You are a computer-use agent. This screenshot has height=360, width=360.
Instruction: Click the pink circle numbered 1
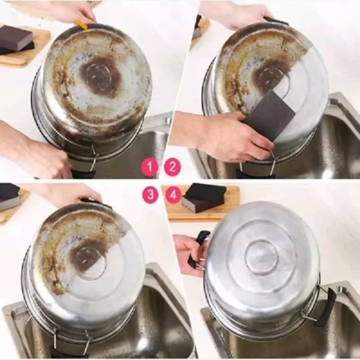(x=150, y=167)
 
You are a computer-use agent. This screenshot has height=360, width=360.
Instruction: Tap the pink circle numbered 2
(x=172, y=167)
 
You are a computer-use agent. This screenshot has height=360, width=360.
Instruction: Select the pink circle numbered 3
(x=150, y=194)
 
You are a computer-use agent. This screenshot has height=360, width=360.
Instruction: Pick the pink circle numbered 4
(x=173, y=195)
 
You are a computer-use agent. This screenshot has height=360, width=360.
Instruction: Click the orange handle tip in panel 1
(x=83, y=25)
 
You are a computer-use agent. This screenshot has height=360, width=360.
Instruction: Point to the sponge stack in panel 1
(x=17, y=41)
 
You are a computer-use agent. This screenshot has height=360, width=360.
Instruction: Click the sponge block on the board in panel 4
(x=203, y=198)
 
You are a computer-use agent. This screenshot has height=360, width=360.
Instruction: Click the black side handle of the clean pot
(x=328, y=307)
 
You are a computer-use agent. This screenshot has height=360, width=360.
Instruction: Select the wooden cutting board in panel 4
(x=205, y=203)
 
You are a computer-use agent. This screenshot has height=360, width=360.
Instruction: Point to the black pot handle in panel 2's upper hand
(x=276, y=21)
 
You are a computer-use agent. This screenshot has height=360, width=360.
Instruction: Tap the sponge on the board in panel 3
(x=9, y=196)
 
